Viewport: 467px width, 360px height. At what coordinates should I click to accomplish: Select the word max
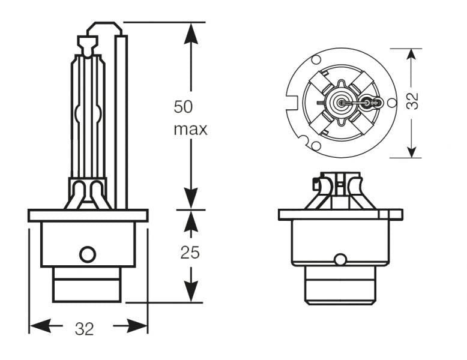190,129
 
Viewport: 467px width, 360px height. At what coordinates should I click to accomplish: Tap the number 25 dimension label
190,253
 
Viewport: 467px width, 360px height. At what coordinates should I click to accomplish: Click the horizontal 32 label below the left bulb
85,328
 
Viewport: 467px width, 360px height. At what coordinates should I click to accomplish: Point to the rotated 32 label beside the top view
412,101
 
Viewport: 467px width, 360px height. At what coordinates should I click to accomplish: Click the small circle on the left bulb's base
88,254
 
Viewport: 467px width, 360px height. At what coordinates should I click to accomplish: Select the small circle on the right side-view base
340,260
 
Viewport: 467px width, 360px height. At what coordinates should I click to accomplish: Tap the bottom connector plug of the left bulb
88,284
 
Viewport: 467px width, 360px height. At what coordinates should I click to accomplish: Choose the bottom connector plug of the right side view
340,286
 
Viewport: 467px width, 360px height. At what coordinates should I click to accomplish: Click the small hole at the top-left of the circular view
316,59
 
